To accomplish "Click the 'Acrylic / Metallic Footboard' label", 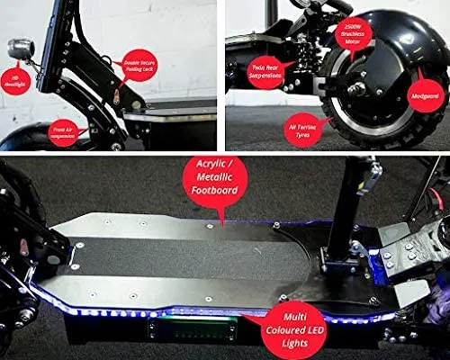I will pyautogui.click(x=213, y=179).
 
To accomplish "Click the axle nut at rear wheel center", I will pyautogui.click(x=359, y=93).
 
